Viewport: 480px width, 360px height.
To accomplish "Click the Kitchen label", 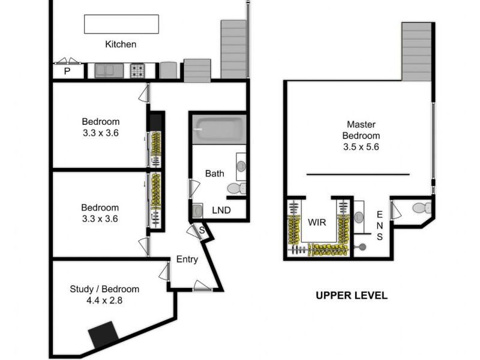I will coord(121,44).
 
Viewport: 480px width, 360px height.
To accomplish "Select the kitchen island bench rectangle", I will coord(121,25).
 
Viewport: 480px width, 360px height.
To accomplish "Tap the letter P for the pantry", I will coord(67,71).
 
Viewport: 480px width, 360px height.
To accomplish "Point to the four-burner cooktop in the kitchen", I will coord(138,71).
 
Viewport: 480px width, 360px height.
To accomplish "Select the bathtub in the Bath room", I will coord(219,128).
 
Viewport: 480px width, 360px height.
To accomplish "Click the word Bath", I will coord(214,173).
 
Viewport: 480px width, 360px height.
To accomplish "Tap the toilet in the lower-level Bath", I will coord(236,188).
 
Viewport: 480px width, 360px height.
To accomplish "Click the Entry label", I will coord(187,259).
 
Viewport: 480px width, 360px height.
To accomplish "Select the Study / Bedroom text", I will coord(104,289).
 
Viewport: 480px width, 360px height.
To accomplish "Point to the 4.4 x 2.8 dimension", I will coord(104,301).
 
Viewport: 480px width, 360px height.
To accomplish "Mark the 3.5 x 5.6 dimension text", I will coord(361,146).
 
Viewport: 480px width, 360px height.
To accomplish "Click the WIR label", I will coord(317,222).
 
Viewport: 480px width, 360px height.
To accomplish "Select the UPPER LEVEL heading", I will coord(352,296).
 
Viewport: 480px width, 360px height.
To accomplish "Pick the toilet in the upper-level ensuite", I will coord(422,208).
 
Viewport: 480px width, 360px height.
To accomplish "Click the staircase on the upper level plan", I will coord(416,52).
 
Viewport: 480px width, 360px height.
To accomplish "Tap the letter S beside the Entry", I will coord(202,230).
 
